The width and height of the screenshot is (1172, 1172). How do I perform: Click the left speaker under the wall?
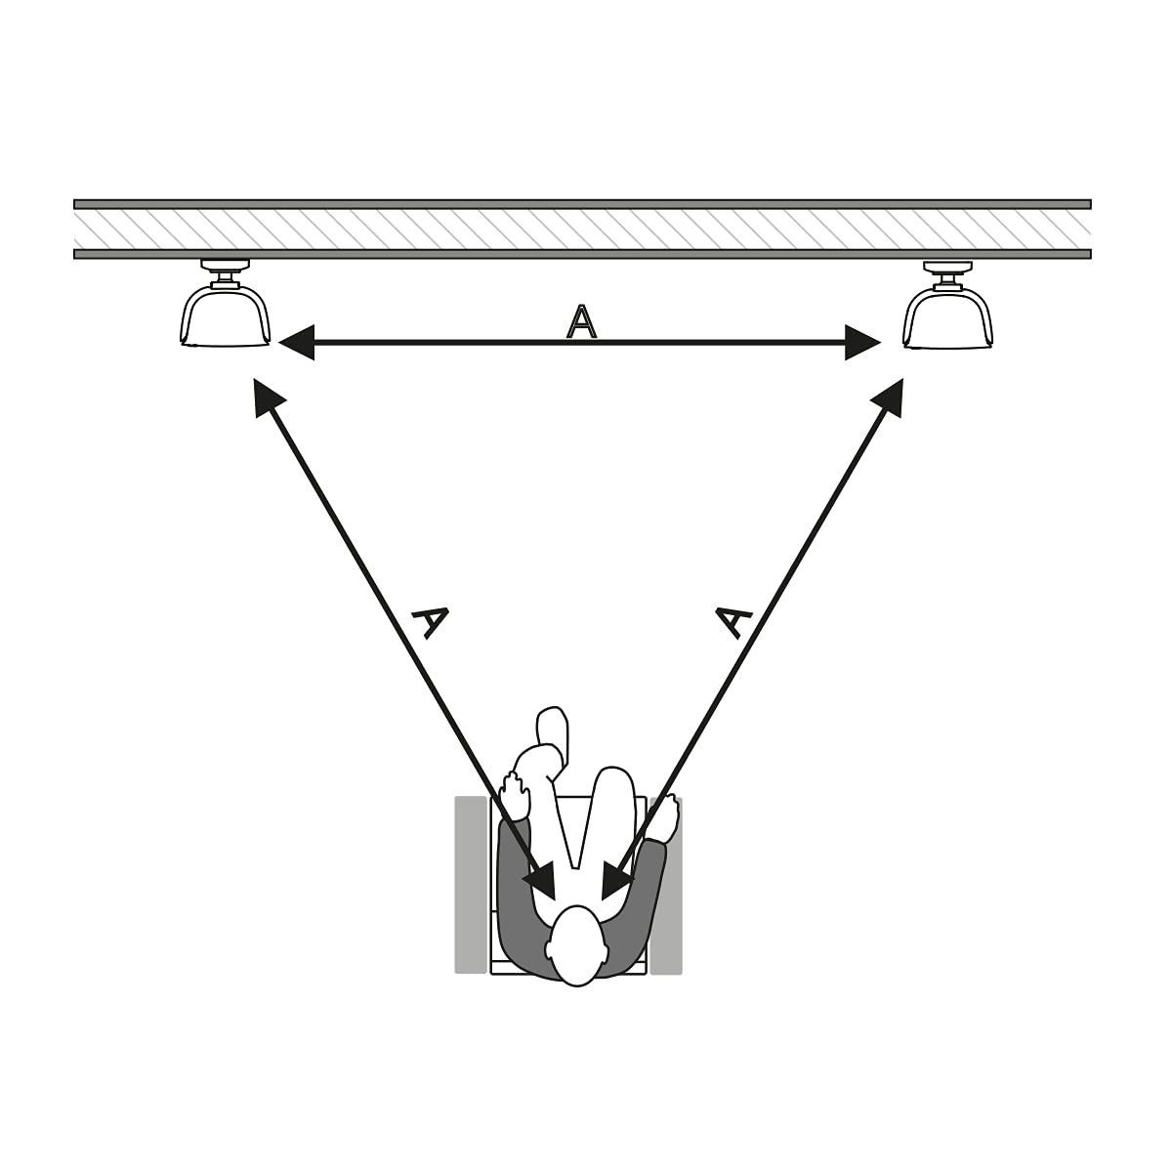225,317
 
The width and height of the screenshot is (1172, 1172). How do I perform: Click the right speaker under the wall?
947,318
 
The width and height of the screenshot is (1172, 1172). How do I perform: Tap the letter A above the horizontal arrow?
581,321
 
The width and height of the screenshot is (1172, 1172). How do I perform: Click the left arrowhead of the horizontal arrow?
297,343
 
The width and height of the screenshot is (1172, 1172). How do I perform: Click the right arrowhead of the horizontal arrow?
862,343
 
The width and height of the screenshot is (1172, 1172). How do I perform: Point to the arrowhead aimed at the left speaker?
267,396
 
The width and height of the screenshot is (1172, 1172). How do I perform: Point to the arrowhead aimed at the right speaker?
889,396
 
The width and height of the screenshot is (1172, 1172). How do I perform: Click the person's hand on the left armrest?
515,794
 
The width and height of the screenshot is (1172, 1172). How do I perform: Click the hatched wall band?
582,229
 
